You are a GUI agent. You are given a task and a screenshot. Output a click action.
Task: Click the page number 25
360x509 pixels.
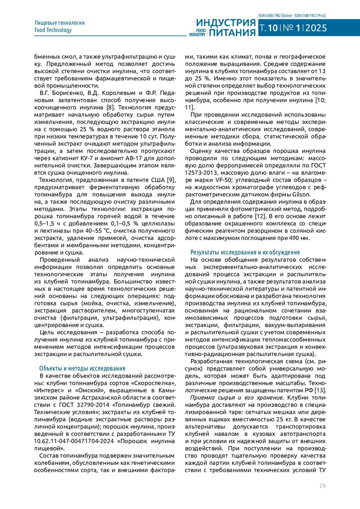[322, 486]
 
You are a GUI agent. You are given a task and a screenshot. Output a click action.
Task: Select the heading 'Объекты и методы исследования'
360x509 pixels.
[82, 369]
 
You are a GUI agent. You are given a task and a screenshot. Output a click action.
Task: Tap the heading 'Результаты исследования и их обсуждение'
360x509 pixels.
[245, 253]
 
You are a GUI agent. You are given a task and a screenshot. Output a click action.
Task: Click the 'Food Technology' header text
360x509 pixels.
[53, 30]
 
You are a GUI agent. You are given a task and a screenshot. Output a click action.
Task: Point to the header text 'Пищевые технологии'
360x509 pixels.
[60, 23]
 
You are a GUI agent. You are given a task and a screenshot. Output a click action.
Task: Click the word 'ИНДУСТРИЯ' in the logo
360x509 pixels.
[226, 23]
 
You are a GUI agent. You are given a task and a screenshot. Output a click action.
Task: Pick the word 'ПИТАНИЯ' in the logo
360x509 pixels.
[232, 32]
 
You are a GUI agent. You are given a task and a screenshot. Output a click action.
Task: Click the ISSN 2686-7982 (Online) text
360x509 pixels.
[275, 16]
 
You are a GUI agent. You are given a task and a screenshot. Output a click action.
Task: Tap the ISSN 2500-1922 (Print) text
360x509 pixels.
[310, 16]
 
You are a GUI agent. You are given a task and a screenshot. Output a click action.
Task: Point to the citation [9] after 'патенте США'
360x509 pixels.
[171, 180]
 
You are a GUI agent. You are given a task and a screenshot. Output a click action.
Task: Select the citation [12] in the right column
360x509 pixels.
[260, 216]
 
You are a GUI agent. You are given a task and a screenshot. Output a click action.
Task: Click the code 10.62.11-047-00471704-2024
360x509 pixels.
[74, 441]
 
